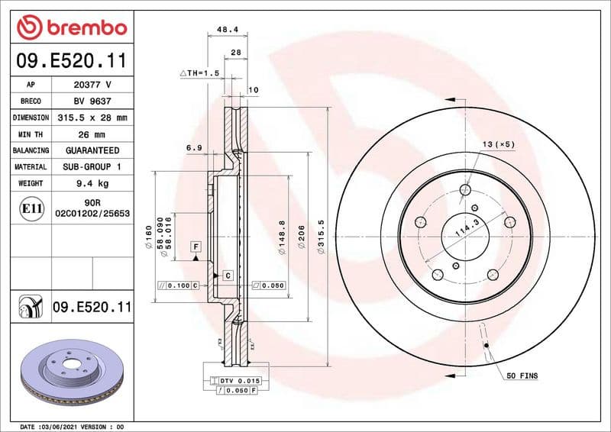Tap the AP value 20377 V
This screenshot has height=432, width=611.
(x=92, y=85)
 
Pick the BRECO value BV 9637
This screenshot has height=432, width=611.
(x=92, y=102)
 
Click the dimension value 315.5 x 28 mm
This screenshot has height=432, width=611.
(x=92, y=118)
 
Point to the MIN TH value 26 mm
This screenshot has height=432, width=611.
(x=92, y=134)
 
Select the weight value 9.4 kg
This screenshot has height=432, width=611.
(x=92, y=183)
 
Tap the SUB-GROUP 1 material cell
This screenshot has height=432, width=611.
(x=92, y=166)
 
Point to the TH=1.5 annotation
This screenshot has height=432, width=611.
(x=200, y=73)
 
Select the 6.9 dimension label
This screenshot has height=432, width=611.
(x=192, y=148)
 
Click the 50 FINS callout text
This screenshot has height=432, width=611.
(x=522, y=376)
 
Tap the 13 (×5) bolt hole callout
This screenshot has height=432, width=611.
(x=498, y=144)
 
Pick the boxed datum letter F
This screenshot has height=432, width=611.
(x=196, y=247)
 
